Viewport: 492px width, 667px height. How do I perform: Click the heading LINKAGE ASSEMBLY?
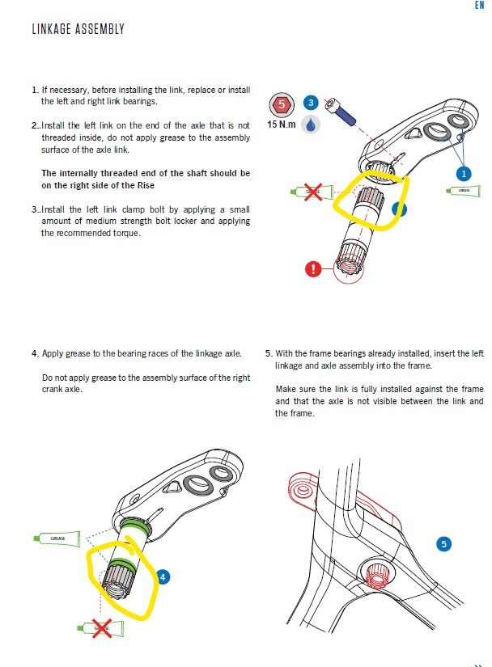tap(78, 30)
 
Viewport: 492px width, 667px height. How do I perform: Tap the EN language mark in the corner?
tap(479, 5)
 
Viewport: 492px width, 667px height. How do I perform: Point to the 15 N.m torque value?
tap(281, 125)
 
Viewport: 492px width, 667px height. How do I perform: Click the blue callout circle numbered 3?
tap(311, 103)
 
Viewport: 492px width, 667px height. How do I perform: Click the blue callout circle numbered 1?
tap(463, 173)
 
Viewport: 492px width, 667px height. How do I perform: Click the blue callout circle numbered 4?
tap(163, 577)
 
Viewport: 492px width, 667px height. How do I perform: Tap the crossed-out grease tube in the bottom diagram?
tap(101, 627)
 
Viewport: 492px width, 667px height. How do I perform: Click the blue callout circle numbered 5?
tap(443, 544)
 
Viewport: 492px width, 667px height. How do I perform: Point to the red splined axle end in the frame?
tap(375, 576)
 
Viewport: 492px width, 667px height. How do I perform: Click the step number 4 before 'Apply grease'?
tap(35, 353)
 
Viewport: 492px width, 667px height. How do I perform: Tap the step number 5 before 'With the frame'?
tap(268, 353)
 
